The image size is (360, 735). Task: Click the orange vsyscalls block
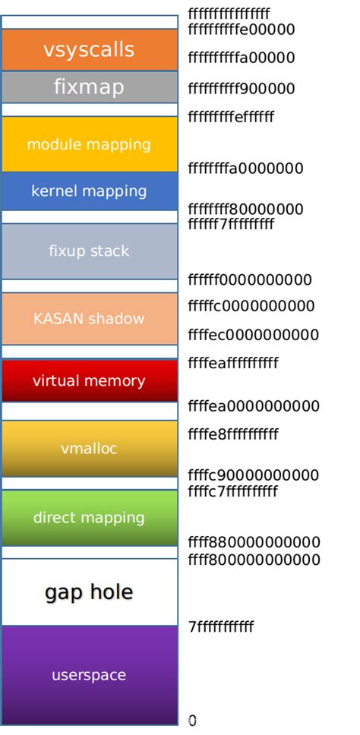point(89,50)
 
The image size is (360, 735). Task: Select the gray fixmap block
point(89,87)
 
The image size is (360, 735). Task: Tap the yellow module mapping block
point(89,144)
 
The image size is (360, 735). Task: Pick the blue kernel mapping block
point(89,191)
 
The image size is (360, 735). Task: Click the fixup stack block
point(89,251)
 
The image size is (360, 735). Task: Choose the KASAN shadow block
point(89,319)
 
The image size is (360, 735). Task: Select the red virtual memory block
point(89,380)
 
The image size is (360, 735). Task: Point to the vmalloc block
point(89,449)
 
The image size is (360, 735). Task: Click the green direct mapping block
point(89,518)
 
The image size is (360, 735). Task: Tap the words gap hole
point(89,592)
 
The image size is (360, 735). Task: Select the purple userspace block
point(89,675)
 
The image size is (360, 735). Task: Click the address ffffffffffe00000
point(242,30)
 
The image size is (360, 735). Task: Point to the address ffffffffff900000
point(242,89)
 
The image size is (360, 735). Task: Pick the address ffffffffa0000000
point(245,169)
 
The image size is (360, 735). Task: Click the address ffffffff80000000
point(245,210)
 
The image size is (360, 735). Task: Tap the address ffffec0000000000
point(253,335)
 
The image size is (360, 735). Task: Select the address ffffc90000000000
point(253,476)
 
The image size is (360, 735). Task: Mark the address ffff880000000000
point(254,543)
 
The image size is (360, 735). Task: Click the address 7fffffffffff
point(221,627)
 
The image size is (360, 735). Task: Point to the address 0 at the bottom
point(192,721)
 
